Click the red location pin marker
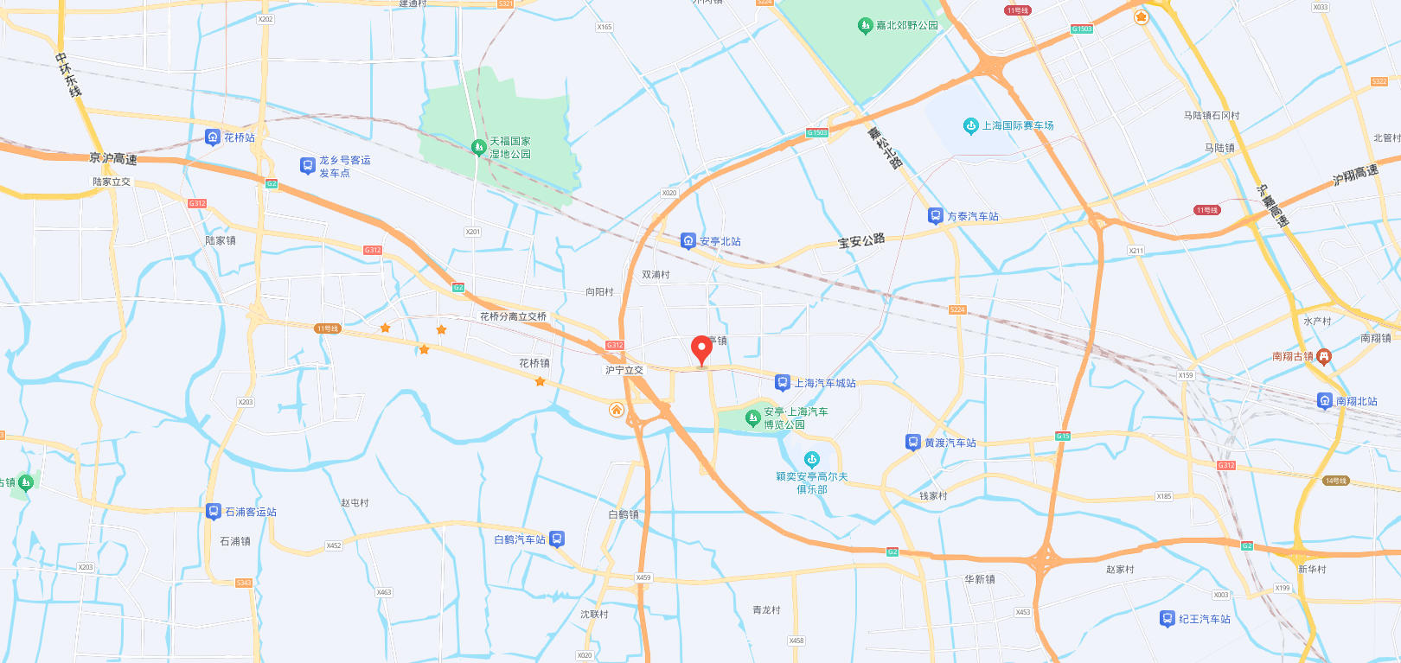[x=701, y=350]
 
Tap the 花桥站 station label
[x=239, y=137]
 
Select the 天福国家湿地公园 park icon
[x=478, y=148]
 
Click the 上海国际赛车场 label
[x=1017, y=126]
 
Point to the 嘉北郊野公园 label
[x=906, y=26]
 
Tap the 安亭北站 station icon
[x=688, y=240]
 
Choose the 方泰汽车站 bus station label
[x=972, y=216]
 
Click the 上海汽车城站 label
[x=824, y=383]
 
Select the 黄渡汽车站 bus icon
[x=912, y=443]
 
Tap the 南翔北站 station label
[x=1356, y=401]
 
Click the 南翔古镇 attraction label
[x=1292, y=356]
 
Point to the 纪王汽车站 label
[x=1204, y=619]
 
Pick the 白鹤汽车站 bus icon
[x=557, y=539]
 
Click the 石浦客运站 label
[x=250, y=512]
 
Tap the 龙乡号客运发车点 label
[x=344, y=166]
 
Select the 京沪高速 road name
[x=113, y=158]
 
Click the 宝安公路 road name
[x=860, y=241]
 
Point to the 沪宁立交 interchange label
[x=624, y=370]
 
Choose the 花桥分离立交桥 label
[x=513, y=316]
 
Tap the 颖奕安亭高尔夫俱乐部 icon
[x=811, y=460]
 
